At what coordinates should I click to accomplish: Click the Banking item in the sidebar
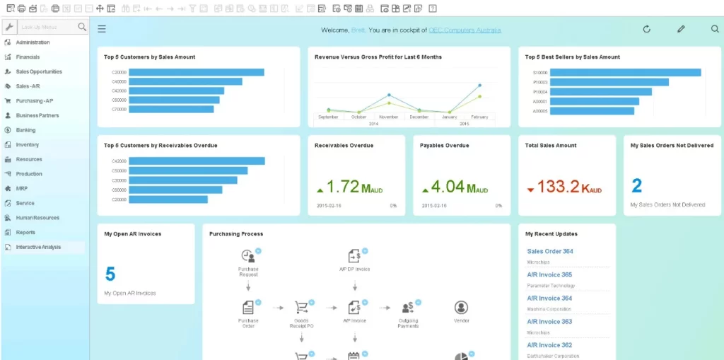click(25, 130)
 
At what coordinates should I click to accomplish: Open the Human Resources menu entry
click(37, 218)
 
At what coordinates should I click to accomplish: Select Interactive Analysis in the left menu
click(38, 247)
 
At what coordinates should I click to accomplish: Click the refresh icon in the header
click(646, 29)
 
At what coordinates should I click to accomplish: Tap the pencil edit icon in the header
click(681, 29)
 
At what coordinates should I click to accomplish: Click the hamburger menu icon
click(102, 29)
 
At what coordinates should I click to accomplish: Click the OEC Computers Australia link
click(465, 30)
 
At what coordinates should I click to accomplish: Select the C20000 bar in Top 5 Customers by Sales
click(196, 72)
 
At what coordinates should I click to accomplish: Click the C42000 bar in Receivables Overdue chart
click(197, 161)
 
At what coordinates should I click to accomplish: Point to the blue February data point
click(479, 86)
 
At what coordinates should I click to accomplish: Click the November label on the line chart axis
click(388, 117)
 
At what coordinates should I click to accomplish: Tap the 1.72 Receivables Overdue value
click(344, 187)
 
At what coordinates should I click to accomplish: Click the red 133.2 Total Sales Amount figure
click(558, 187)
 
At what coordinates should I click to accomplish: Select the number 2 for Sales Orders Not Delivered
click(636, 186)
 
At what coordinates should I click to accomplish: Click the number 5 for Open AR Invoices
click(110, 274)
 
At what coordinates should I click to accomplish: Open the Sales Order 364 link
click(549, 251)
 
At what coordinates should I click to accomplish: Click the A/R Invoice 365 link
click(549, 274)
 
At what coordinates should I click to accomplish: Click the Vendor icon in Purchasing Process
click(461, 308)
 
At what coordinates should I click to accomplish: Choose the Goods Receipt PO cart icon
click(302, 308)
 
